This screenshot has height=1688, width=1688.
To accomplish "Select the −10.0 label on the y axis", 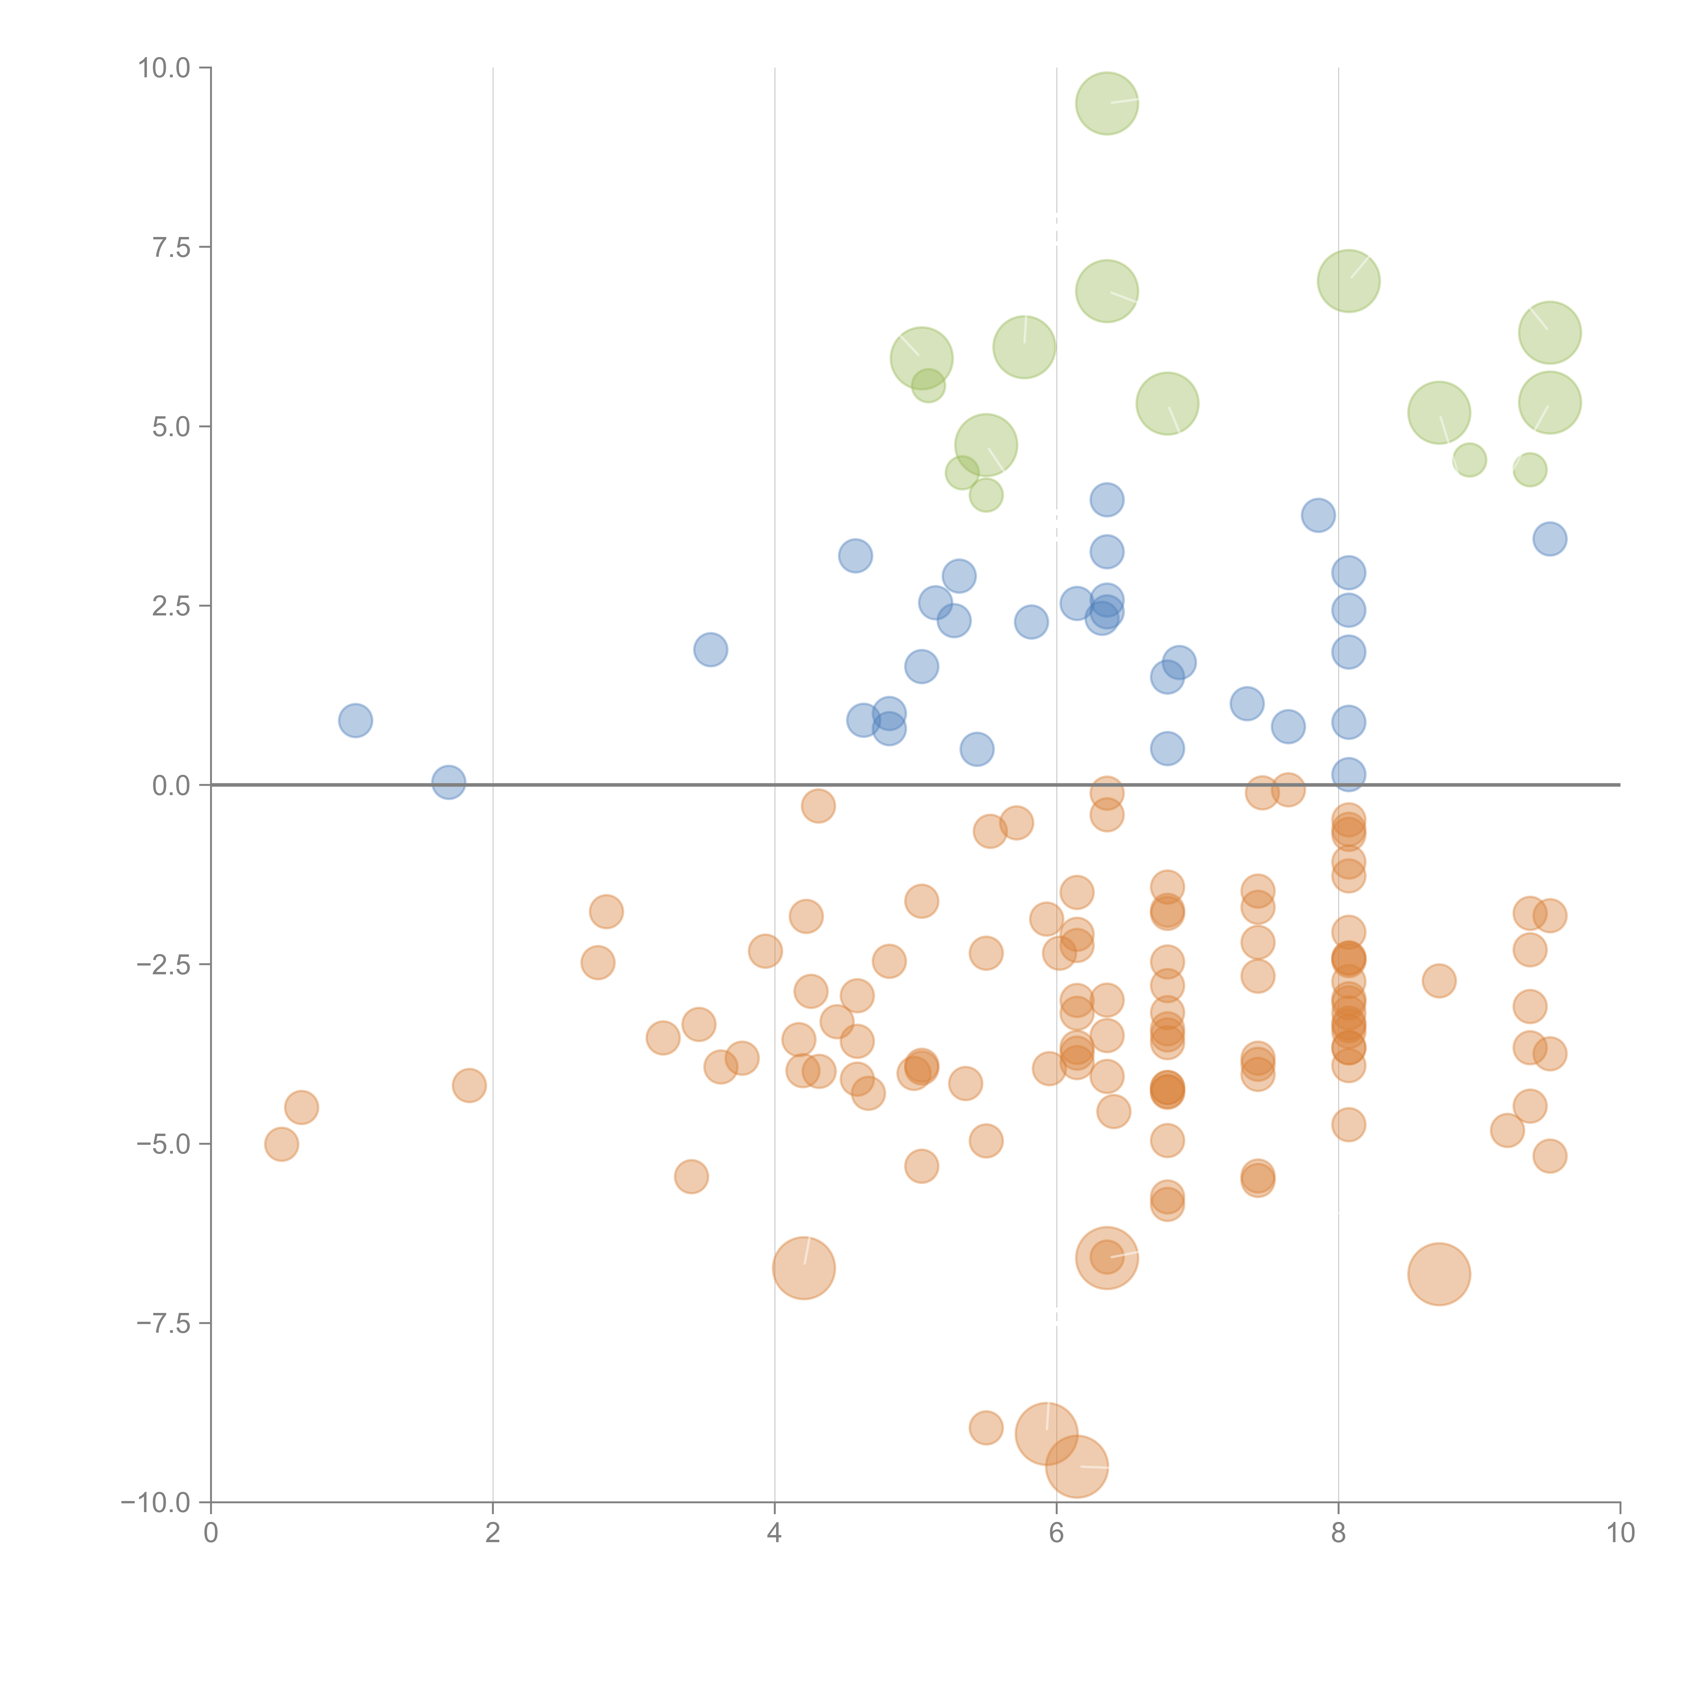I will point(156,1503).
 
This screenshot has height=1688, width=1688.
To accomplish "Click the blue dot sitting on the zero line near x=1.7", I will point(448,782).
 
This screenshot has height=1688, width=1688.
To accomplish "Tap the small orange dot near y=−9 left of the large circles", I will point(985,1428).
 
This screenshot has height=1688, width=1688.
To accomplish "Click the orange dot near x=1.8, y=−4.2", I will point(469,1085).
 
